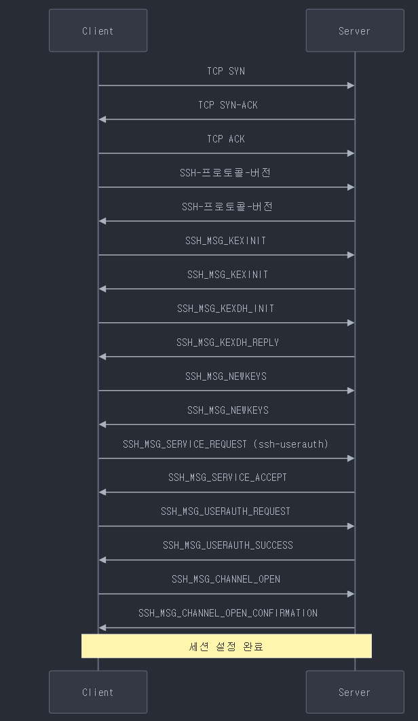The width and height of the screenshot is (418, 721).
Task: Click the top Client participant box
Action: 98,31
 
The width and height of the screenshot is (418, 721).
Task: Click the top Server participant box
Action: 354,31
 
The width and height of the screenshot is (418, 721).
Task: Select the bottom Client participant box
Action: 98,692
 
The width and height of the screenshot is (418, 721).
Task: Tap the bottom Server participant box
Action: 354,692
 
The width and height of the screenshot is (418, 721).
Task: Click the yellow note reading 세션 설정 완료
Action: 226,646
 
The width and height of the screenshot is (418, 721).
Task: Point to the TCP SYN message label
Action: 226,71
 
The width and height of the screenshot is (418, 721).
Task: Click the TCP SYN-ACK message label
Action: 228,105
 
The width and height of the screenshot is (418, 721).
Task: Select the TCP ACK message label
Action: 226,139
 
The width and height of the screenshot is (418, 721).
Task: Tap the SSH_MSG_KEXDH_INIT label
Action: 226,309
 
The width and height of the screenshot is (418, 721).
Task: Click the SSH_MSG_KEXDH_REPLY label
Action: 227,343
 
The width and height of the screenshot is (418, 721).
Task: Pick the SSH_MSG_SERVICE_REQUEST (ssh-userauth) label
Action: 225,444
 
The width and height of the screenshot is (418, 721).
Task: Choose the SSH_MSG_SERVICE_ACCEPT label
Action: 227,478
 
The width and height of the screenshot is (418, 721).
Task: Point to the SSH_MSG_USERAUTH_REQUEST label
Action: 225,511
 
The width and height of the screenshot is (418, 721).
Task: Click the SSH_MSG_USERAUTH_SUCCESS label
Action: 227,545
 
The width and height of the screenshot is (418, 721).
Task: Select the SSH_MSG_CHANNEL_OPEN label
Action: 225,579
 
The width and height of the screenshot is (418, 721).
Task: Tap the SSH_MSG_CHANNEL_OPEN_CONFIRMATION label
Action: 227,613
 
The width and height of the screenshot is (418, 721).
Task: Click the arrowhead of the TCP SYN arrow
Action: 351,85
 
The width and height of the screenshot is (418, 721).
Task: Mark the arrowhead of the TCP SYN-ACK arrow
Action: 102,119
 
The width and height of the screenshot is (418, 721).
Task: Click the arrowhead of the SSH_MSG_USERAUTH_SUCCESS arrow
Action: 102,560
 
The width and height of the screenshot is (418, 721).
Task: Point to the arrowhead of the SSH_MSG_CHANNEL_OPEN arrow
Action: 351,594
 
